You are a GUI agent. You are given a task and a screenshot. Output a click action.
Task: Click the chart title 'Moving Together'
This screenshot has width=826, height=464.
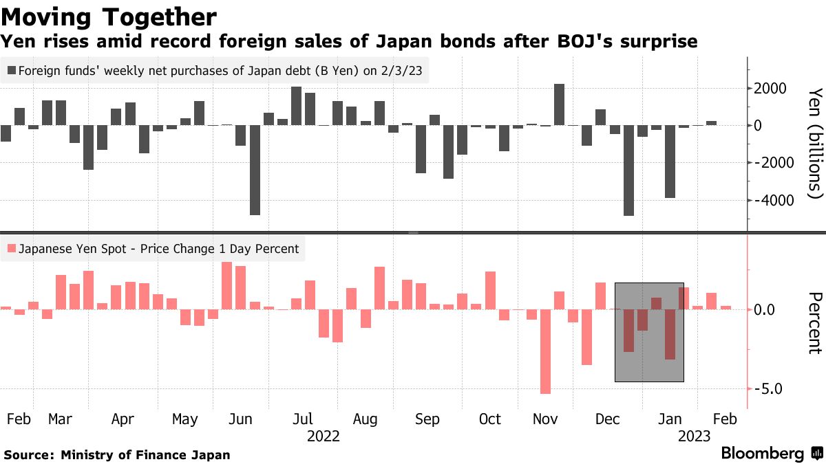(109, 16)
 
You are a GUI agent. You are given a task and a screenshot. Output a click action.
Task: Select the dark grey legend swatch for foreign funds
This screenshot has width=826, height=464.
(11, 70)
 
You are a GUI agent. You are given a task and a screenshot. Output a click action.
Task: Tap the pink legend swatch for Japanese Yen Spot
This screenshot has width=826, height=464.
(11, 249)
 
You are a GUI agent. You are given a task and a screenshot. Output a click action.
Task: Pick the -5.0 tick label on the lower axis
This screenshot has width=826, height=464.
(772, 389)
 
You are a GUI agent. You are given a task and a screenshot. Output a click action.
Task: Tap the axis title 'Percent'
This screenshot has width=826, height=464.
(815, 322)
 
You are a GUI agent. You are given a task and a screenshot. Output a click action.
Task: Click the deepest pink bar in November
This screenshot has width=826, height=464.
(545, 351)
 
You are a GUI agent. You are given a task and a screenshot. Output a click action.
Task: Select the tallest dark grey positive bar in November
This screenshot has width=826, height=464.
(559, 104)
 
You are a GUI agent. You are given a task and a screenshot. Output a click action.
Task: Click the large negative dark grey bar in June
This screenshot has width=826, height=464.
(255, 170)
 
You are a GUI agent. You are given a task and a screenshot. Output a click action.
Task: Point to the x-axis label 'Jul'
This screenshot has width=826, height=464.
(304, 419)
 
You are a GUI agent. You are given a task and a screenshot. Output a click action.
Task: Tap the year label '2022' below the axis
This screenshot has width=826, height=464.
(323, 436)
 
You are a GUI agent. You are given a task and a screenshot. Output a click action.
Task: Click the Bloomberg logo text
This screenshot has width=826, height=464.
(762, 454)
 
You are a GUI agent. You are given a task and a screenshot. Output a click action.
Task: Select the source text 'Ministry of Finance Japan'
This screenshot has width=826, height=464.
(145, 455)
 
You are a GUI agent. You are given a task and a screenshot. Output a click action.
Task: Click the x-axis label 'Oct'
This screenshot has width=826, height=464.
(489, 419)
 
